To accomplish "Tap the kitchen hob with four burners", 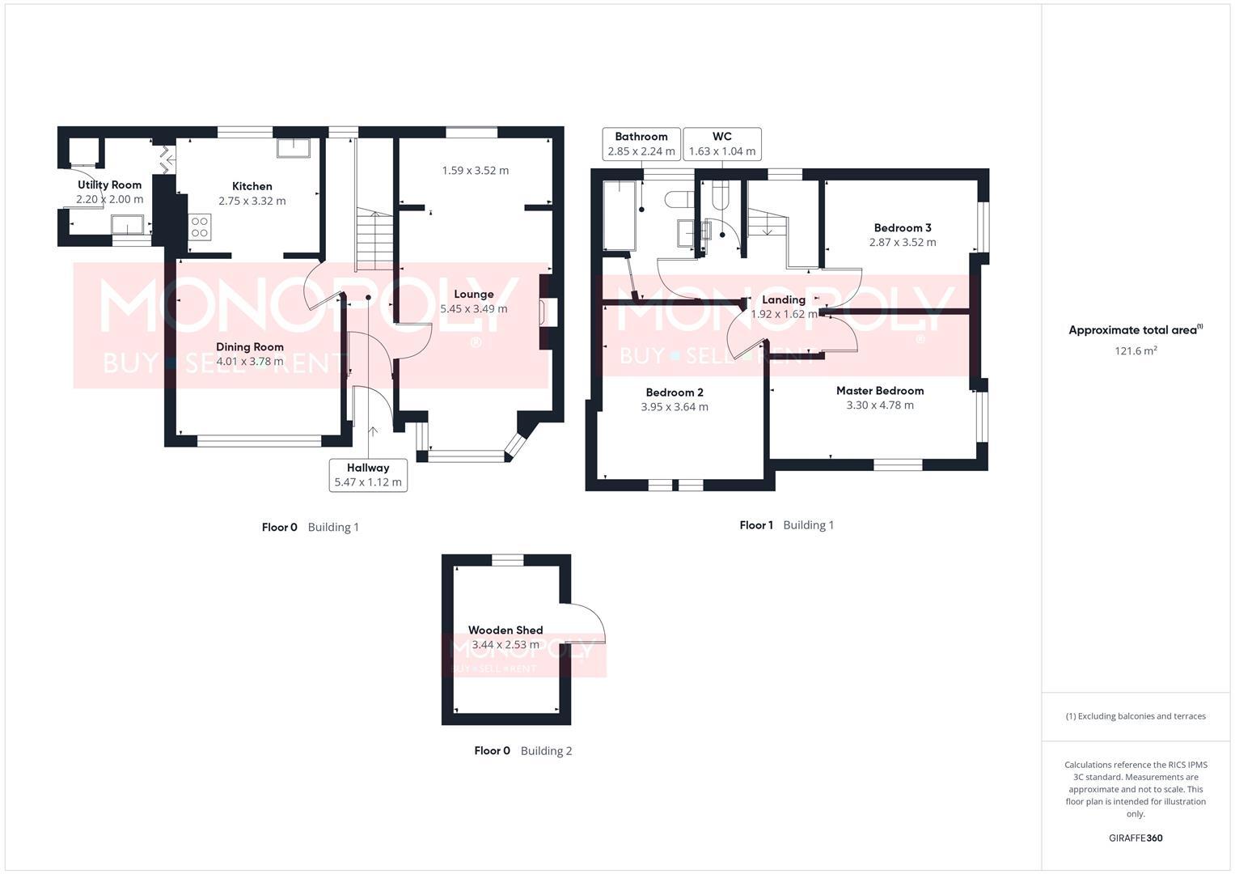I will coord(200,227).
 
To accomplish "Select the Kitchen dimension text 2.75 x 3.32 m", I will coord(252,201).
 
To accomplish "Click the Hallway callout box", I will coord(368,474).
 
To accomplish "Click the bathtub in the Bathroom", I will coord(620,214).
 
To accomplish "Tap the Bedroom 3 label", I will coord(902,227).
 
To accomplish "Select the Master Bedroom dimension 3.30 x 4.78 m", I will coord(880,405).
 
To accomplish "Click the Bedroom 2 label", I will coord(674,392).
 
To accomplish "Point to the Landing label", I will coord(783,299).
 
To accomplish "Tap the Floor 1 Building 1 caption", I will coord(786,525).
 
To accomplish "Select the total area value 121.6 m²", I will coord(1135,350).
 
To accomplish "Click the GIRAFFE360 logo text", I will coord(1135,838).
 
